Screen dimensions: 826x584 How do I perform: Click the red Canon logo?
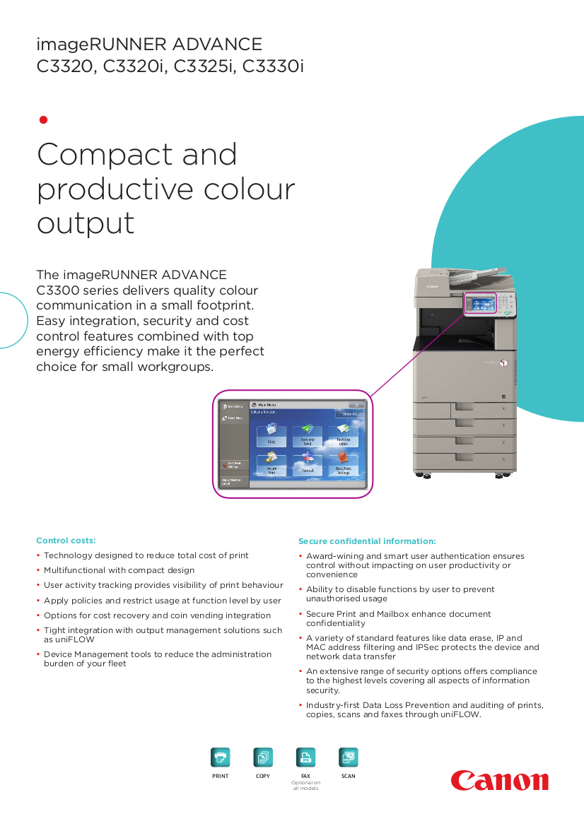(500, 781)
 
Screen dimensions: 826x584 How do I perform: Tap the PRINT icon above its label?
(221, 757)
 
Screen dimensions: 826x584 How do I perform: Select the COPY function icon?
(263, 757)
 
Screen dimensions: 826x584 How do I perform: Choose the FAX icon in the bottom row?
(305, 757)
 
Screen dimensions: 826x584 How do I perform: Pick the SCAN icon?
(349, 757)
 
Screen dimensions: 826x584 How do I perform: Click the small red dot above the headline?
(42, 119)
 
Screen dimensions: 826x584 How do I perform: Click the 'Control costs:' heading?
(66, 541)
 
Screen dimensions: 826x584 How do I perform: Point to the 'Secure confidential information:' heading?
(367, 541)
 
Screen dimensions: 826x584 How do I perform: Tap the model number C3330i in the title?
(274, 67)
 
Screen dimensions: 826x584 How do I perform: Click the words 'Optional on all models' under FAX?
(305, 785)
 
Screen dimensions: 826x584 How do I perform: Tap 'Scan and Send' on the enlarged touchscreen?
(308, 437)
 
